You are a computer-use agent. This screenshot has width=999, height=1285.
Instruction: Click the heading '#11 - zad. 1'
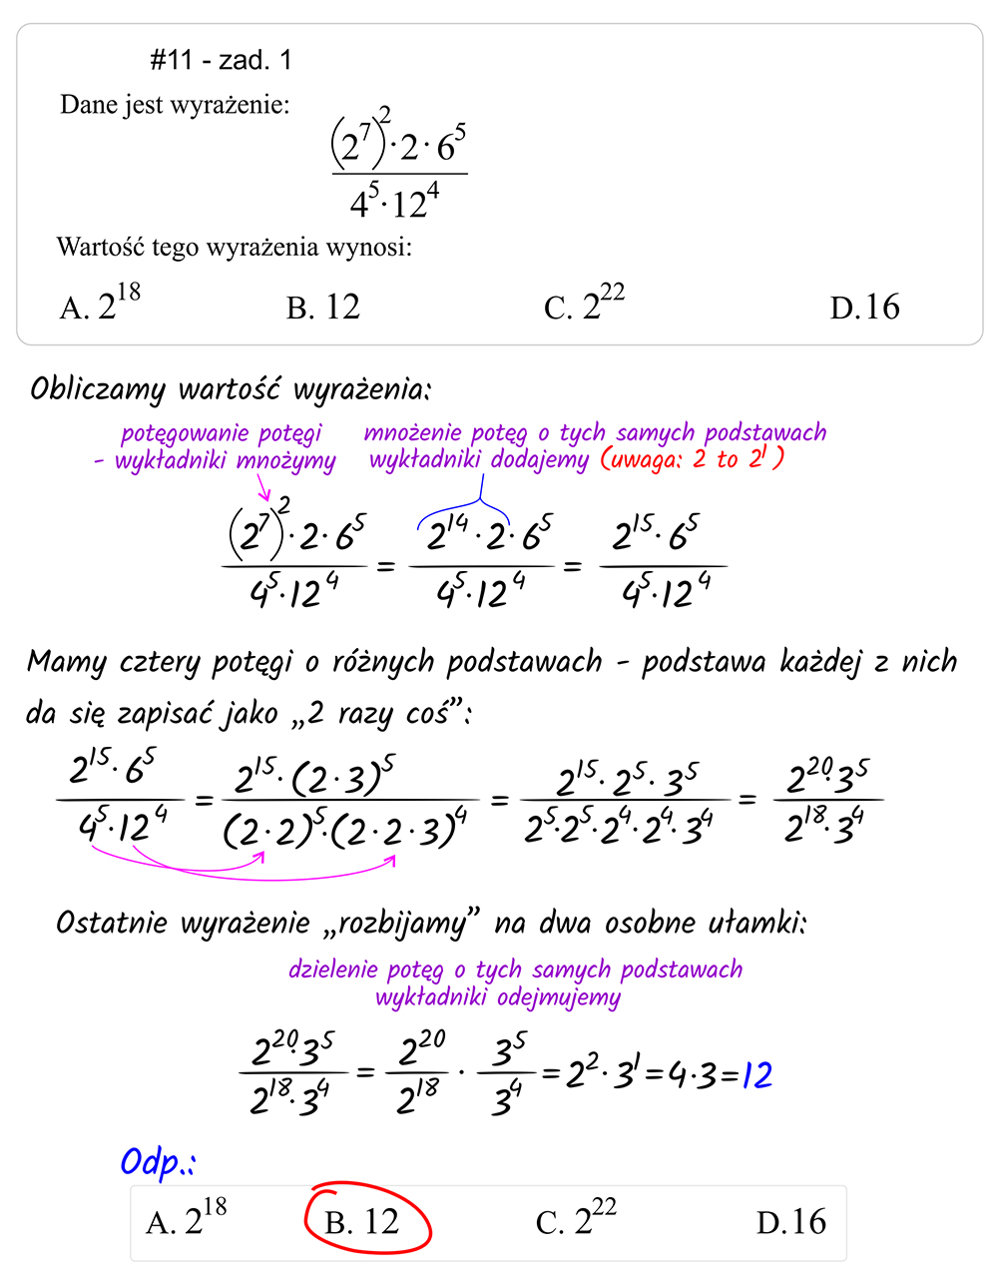221,61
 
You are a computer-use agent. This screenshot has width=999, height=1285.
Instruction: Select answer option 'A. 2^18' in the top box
100,304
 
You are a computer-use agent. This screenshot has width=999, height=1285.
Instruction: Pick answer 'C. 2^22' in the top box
584,304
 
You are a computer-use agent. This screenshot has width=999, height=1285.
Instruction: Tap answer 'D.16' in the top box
864,307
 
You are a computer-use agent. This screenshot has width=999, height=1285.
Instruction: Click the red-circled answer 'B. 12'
363,1221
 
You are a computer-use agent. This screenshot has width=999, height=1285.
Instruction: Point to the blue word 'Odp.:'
158,1163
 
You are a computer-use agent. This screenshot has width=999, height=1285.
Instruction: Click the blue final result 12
756,1075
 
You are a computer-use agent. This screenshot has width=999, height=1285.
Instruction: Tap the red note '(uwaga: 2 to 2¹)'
692,458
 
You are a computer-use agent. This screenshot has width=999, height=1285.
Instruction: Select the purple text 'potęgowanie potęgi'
222,433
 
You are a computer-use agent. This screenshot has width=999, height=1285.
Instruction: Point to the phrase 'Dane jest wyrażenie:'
175,105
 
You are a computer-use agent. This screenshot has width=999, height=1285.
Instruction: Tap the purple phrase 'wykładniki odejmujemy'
498,997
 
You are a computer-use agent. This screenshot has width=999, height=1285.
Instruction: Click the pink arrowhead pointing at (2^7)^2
265,496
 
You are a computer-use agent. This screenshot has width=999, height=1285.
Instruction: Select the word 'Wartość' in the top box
98,247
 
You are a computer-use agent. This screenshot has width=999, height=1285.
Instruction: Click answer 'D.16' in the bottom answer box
790,1221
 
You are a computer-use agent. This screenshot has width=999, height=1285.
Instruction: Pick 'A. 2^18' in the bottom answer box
187,1219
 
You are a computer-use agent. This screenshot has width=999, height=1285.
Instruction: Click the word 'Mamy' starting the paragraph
66,662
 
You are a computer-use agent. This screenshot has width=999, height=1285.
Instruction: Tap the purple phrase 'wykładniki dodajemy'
479,459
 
